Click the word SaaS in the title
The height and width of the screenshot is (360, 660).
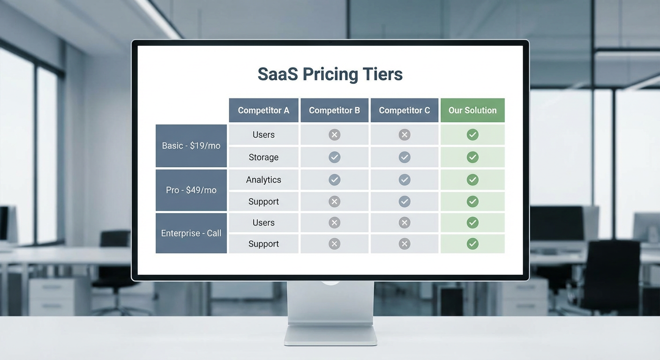pos(277,74)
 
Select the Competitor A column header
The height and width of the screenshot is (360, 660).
pos(263,110)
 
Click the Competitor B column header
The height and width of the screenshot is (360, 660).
pos(334,110)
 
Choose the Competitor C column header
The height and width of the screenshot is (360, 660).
pos(404,110)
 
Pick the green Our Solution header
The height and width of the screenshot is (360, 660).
pos(472,110)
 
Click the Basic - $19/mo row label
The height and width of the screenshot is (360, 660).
pos(191,146)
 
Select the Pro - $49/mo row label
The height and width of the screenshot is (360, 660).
pos(191,190)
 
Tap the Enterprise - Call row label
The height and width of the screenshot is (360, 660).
pos(191,233)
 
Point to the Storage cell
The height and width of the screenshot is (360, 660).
pos(263,157)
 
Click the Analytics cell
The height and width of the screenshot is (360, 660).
pos(263,180)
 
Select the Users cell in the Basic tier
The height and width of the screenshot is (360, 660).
pos(263,135)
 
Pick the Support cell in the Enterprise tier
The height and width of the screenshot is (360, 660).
pos(263,244)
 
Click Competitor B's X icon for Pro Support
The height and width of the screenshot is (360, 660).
pos(334,202)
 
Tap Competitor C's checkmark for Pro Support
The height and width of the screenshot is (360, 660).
pos(405,202)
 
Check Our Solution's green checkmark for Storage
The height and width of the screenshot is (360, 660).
pos(472,157)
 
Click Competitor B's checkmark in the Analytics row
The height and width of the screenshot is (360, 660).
pos(334,180)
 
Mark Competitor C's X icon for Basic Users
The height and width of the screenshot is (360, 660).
pos(405,135)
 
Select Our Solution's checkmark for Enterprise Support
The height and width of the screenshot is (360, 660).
pos(472,244)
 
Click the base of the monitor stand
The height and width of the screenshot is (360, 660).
pos(330,335)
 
